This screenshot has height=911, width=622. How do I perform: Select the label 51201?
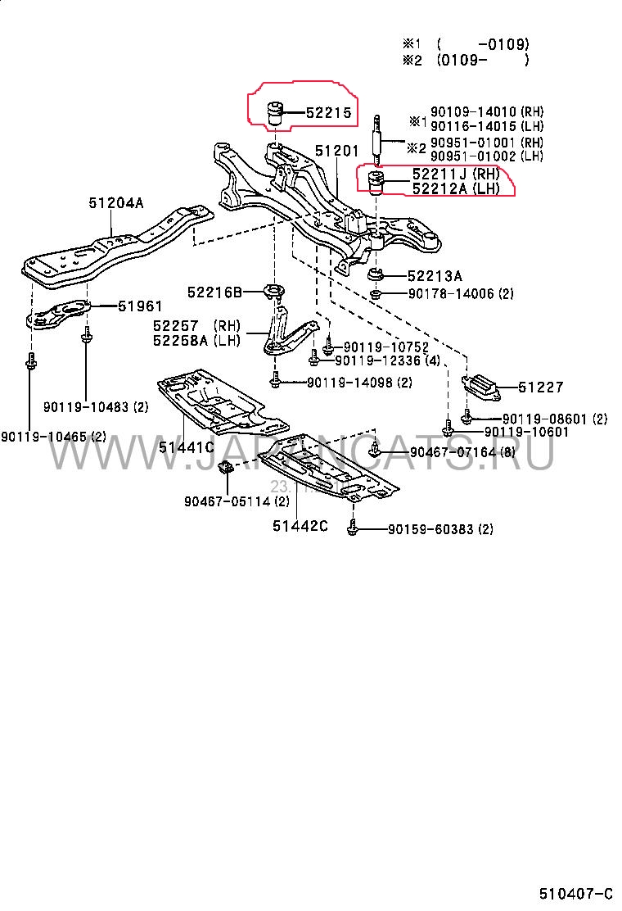pos(336,151)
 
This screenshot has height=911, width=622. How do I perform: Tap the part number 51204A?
pos(115,203)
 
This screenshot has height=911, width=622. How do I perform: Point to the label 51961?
pos(140,306)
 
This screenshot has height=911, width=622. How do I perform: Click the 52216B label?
pos(214,292)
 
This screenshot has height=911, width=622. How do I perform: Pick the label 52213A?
pos(436,275)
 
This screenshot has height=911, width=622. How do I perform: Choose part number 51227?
pos(540,387)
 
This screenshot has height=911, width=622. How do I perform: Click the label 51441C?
pos(186,446)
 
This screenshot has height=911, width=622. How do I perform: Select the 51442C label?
pos(300,525)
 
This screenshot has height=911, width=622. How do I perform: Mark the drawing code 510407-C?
pos(575,892)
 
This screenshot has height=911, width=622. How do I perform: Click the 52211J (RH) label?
pos(455,174)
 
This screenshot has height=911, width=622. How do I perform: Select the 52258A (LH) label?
pos(196,340)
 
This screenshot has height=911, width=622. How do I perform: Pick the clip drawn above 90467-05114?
pos(227,469)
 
